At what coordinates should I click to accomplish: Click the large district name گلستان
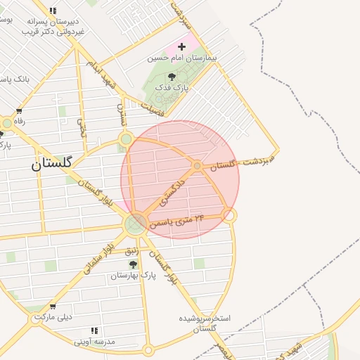tap(51, 163)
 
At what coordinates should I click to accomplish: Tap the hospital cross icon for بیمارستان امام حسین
tap(181, 46)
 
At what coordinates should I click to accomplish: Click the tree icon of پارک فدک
tap(172, 77)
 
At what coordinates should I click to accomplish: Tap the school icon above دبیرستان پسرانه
tap(53, 11)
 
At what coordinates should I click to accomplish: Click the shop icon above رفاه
tap(19, 111)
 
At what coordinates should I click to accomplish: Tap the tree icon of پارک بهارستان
tap(133, 265)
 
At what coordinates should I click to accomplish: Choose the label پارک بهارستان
tap(132, 276)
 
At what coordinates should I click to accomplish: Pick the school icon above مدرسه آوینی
tap(94, 330)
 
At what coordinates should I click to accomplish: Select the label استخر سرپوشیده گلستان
tap(205, 323)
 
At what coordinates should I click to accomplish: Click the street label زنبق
tap(131, 251)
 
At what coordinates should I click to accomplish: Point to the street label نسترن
tap(121, 114)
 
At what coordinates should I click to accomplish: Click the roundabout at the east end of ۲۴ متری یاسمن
tap(229, 215)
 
